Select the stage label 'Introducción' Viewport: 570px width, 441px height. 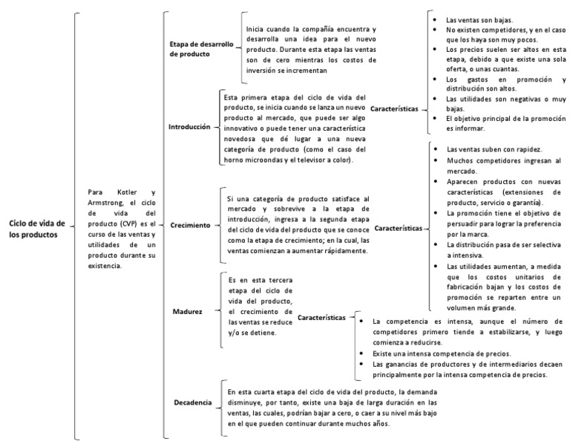190,127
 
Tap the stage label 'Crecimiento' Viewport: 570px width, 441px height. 191,224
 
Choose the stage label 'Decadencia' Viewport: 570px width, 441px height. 193,402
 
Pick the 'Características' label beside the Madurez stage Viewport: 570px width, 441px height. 321,318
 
